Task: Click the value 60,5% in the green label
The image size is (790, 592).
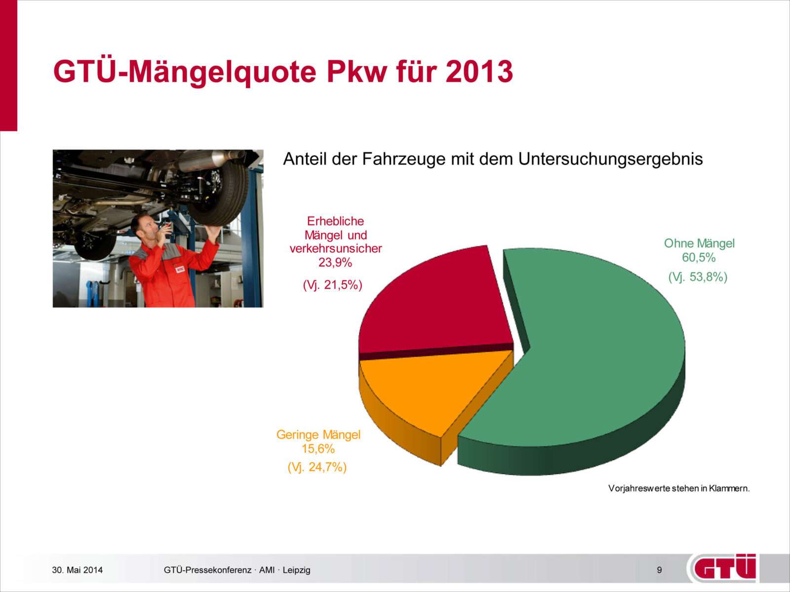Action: click(699, 258)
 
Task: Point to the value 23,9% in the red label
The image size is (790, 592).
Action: click(335, 263)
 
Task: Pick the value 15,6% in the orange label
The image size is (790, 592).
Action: click(318, 449)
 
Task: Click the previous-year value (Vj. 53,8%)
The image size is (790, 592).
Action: click(698, 277)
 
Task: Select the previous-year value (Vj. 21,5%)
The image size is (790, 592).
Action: click(333, 285)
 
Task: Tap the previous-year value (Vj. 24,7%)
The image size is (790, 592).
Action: click(317, 467)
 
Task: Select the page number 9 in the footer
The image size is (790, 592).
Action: click(659, 570)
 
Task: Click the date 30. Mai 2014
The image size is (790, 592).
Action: click(78, 570)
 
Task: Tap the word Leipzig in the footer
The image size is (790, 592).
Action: click(297, 570)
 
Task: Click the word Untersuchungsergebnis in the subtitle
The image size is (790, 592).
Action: click(610, 159)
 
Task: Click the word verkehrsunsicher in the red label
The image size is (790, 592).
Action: click(335, 249)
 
